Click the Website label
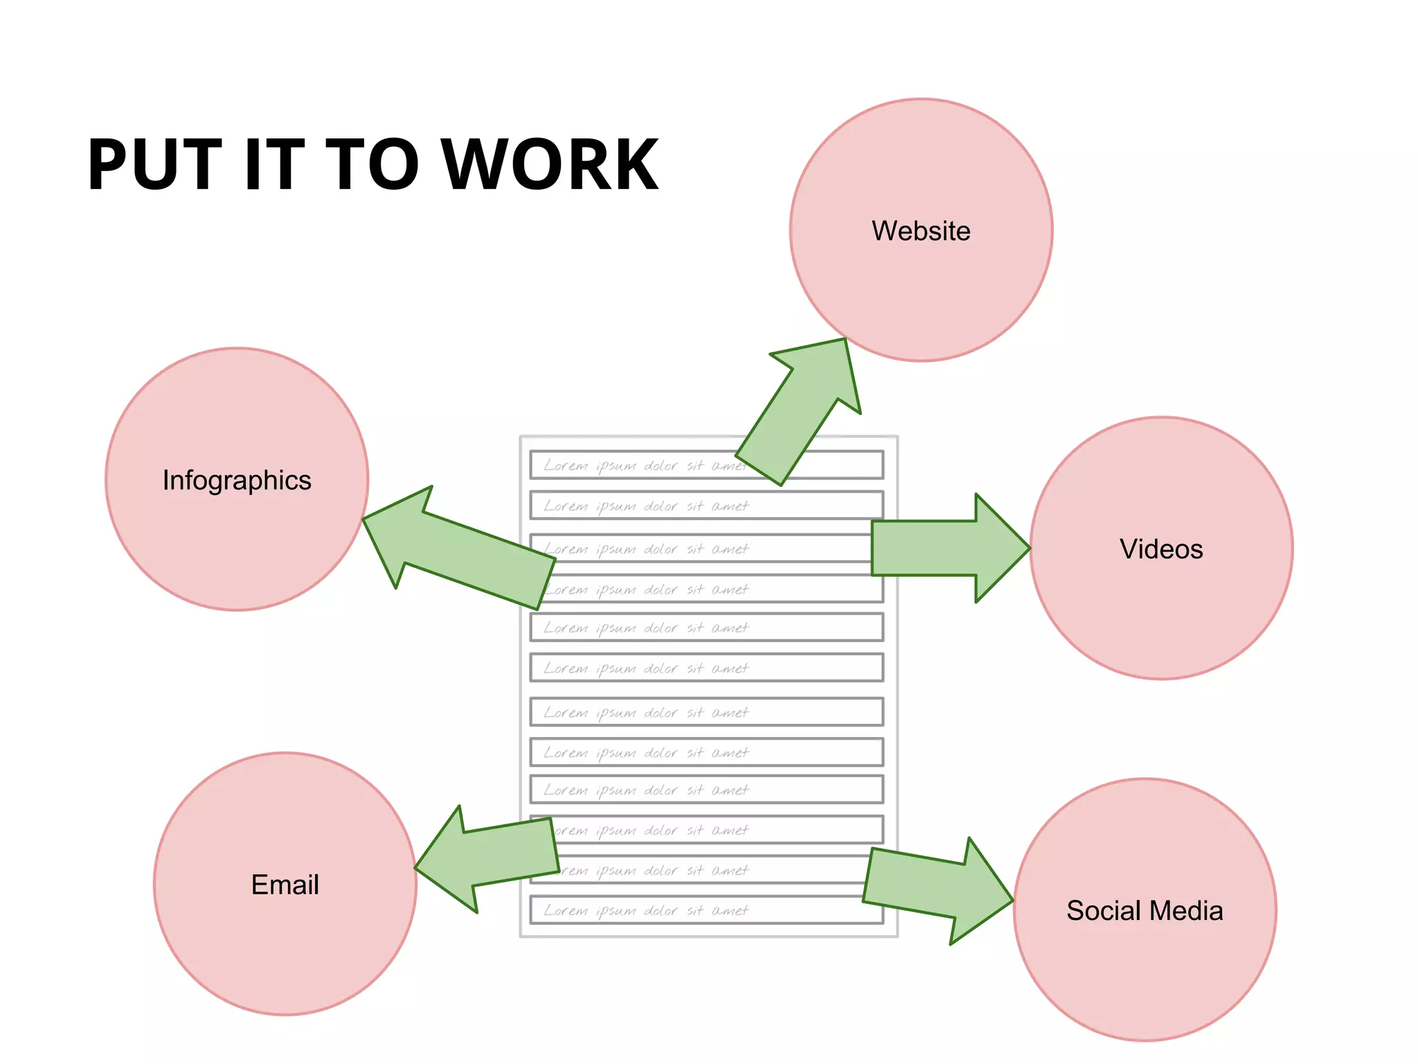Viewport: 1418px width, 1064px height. click(921, 231)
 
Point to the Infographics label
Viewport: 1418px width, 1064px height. click(237, 480)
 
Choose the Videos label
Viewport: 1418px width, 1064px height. click(1161, 549)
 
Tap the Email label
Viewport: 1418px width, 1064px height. click(285, 885)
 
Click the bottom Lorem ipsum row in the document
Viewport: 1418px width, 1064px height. click(706, 910)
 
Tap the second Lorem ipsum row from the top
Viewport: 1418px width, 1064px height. click(706, 506)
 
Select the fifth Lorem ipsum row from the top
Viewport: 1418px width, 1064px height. click(706, 628)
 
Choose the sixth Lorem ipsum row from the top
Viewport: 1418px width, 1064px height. click(706, 668)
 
